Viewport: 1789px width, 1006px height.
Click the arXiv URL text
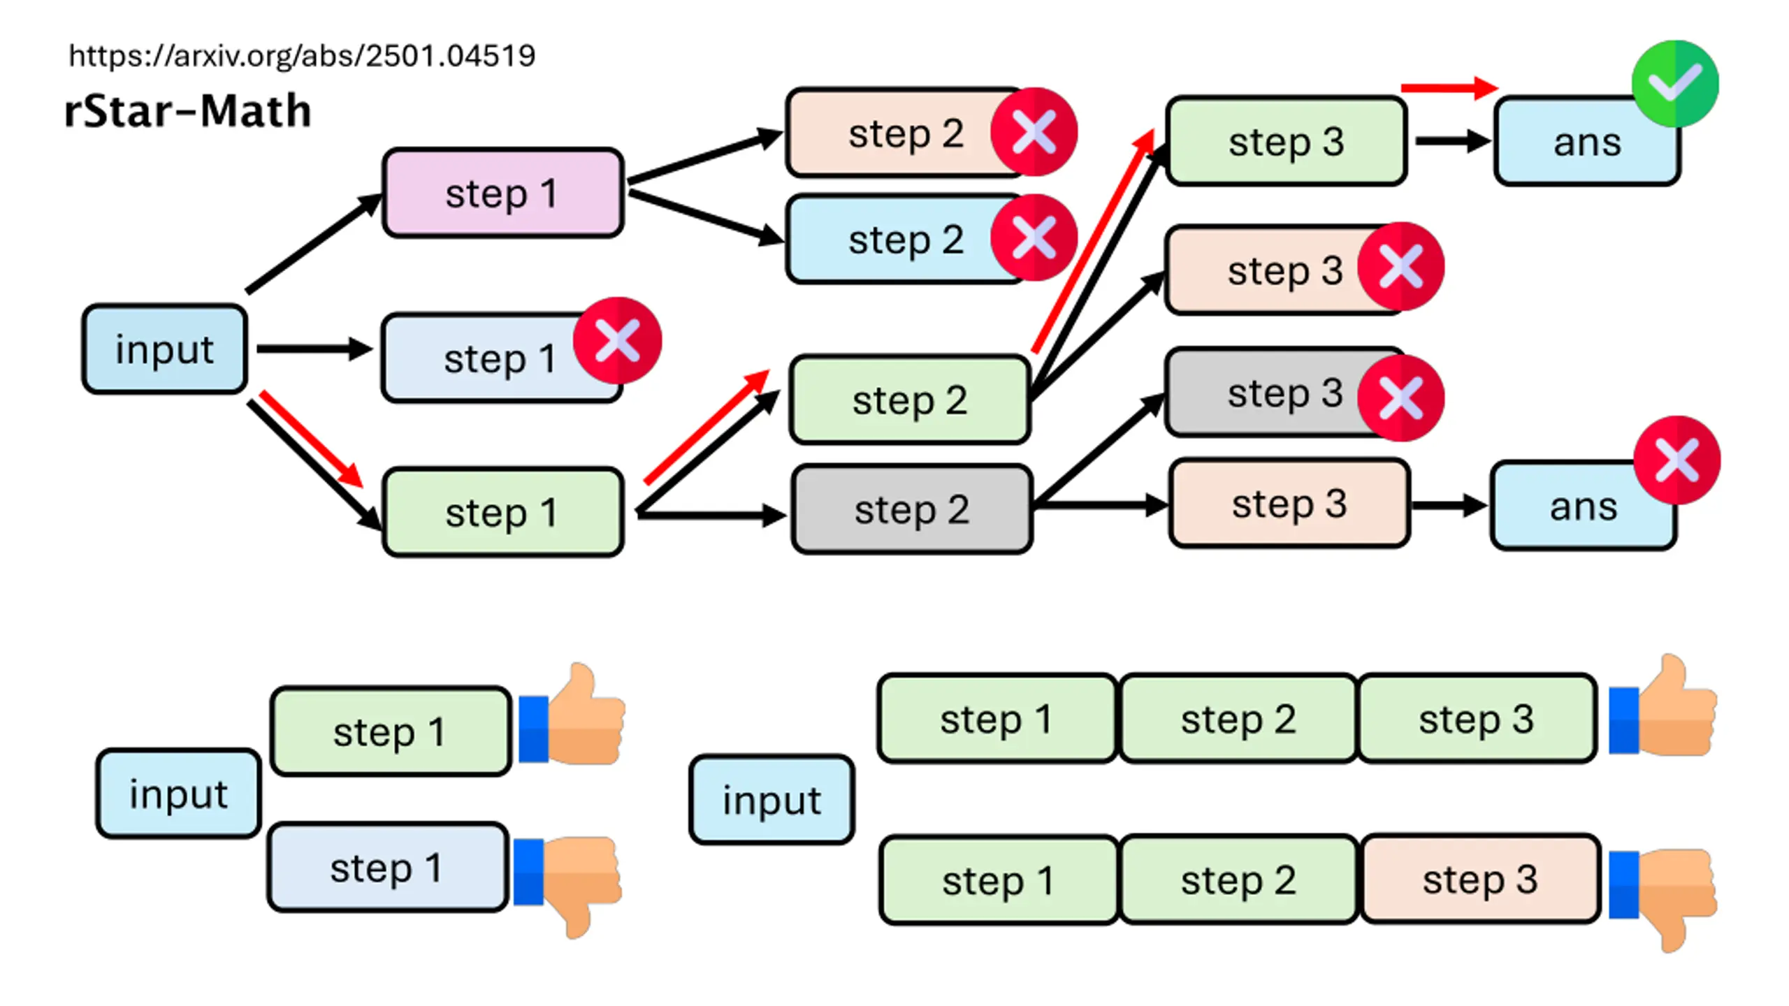(x=302, y=56)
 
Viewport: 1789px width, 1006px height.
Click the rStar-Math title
(x=187, y=111)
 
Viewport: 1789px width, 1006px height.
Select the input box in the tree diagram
(x=165, y=349)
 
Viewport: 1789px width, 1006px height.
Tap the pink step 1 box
(x=502, y=193)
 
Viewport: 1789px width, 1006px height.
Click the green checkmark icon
(x=1675, y=84)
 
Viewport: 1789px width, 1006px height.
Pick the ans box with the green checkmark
(x=1587, y=142)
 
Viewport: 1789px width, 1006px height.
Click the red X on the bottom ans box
(x=1677, y=460)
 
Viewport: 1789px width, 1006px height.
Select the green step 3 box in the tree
(x=1287, y=141)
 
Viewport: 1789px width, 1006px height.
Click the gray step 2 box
(x=912, y=509)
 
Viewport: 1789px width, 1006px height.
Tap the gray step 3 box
(x=1284, y=393)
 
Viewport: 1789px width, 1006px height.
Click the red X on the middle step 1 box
(x=617, y=341)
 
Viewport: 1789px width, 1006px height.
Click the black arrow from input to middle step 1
(x=314, y=349)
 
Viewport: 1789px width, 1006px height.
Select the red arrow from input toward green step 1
(x=312, y=439)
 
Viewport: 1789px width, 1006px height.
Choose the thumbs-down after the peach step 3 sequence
(x=1663, y=901)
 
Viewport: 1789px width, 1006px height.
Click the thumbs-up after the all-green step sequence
(x=1663, y=706)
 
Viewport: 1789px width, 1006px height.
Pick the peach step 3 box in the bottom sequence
(x=1480, y=880)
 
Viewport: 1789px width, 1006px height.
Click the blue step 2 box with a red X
(x=906, y=240)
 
